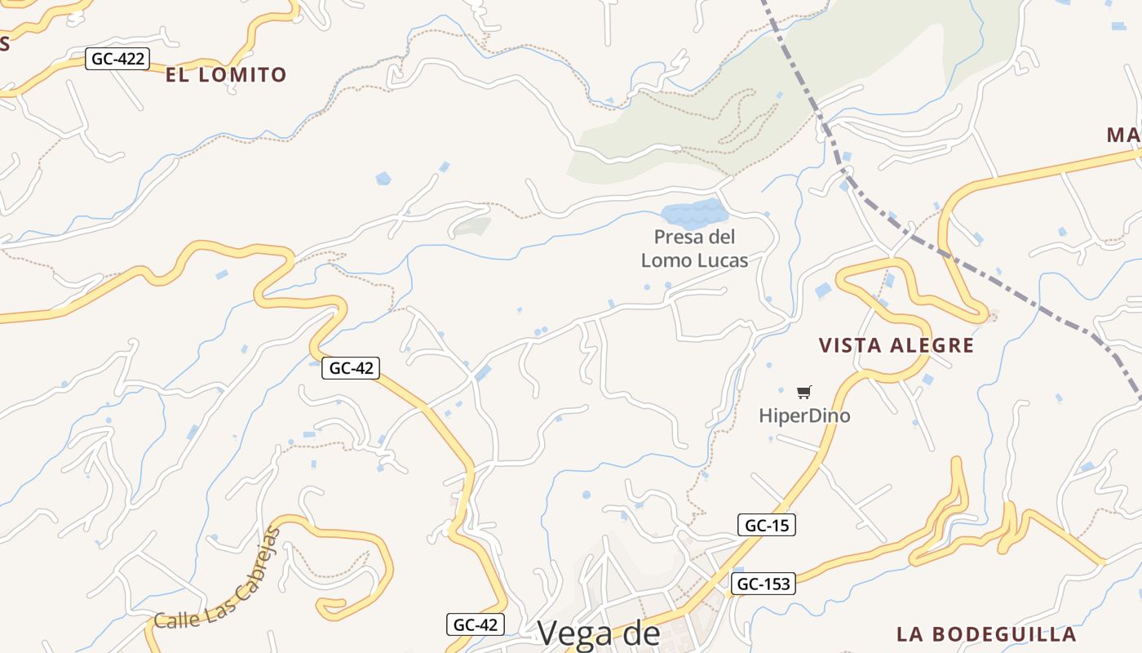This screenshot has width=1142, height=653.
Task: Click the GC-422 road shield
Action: [118, 59]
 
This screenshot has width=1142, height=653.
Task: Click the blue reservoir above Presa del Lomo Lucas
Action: [693, 214]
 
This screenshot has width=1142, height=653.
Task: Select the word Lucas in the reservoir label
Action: [721, 260]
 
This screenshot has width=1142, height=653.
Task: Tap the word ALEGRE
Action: [935, 345]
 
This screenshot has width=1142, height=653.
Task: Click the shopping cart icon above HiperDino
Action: [803, 393]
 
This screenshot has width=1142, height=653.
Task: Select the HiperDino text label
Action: [804, 415]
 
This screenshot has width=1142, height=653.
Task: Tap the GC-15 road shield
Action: [766, 526]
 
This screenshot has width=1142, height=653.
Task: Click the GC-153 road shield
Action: [763, 584]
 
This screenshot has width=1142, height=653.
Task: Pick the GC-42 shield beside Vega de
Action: [476, 624]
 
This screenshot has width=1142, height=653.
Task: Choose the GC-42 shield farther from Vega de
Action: [351, 368]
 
